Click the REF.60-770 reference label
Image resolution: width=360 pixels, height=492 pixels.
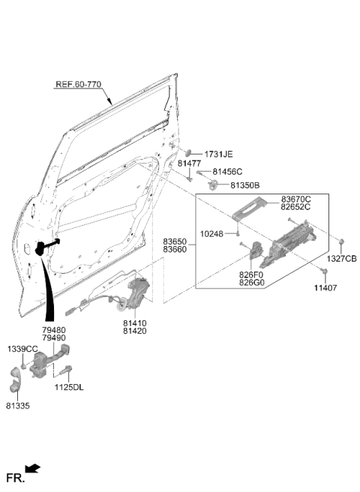tap(79, 85)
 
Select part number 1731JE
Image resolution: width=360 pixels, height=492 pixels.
tap(218, 154)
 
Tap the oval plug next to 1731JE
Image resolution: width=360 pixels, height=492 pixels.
tap(187, 152)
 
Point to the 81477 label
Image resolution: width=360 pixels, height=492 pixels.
tap(189, 163)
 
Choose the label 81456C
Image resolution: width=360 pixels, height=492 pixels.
tap(227, 172)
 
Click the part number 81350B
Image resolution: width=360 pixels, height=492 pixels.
tap(245, 185)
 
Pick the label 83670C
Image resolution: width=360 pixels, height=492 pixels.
tap(295, 199)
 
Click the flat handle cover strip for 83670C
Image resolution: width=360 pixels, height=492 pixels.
tap(250, 208)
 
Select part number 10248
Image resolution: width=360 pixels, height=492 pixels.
tap(211, 234)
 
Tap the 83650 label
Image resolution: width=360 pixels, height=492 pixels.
tap(175, 242)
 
